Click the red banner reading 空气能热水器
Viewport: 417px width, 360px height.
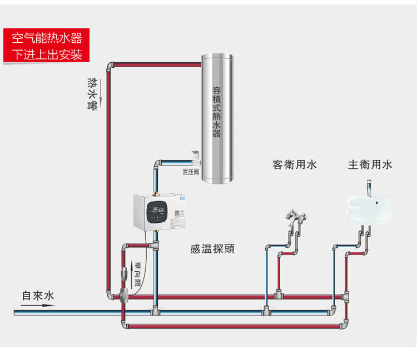47,39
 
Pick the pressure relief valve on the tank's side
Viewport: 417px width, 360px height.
194,157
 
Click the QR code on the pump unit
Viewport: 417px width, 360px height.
179,213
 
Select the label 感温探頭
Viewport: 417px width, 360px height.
212,249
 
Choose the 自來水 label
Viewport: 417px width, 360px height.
38,296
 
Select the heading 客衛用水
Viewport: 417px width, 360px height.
295,164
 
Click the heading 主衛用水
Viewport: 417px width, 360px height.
370,164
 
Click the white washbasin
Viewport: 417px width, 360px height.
368,210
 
